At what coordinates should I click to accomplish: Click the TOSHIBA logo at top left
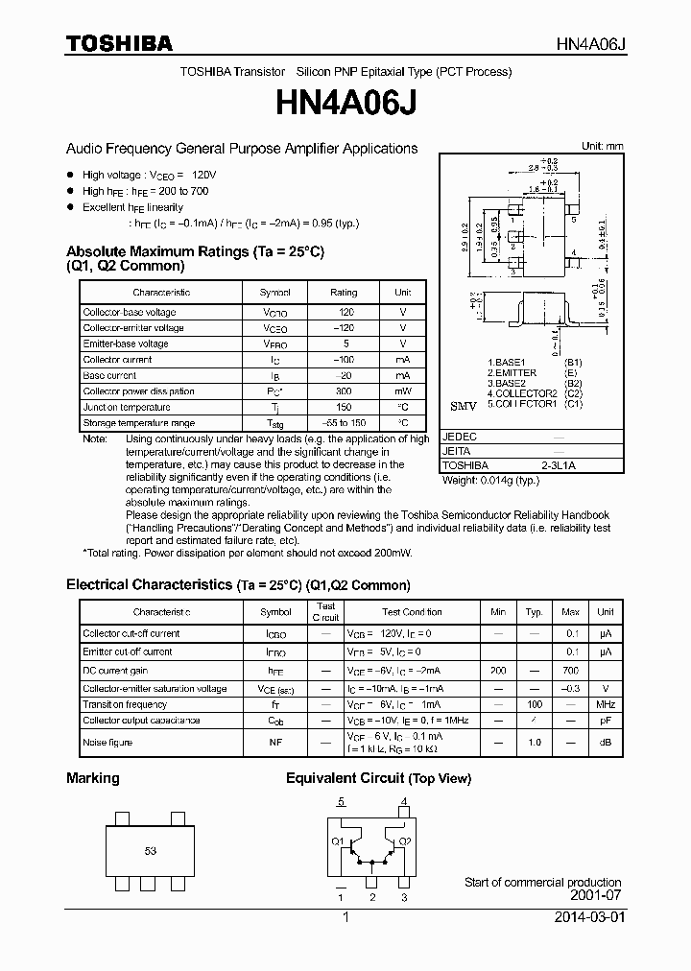pyautogui.click(x=119, y=43)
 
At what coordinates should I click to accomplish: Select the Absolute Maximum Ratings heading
pyautogui.click(x=195, y=251)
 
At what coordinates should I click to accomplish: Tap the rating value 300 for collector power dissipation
pyautogui.click(x=344, y=391)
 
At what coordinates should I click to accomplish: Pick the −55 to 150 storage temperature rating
pyautogui.click(x=344, y=423)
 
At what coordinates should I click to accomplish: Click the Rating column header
pyautogui.click(x=344, y=293)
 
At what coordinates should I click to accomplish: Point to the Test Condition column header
pyautogui.click(x=412, y=611)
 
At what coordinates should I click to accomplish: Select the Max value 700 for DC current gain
pyautogui.click(x=570, y=671)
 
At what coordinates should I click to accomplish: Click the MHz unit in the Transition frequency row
pyautogui.click(x=605, y=704)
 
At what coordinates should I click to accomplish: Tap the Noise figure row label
pyautogui.click(x=108, y=743)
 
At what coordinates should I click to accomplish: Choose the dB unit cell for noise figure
pyautogui.click(x=605, y=743)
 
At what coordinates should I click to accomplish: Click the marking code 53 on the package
pyautogui.click(x=151, y=851)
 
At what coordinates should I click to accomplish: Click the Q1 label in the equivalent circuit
pyautogui.click(x=338, y=841)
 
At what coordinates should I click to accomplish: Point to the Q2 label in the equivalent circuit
pyautogui.click(x=405, y=841)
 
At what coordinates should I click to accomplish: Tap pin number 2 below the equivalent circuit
pyautogui.click(x=371, y=897)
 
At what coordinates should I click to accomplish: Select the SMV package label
pyautogui.click(x=464, y=407)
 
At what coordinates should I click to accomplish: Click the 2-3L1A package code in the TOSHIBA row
pyautogui.click(x=559, y=466)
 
